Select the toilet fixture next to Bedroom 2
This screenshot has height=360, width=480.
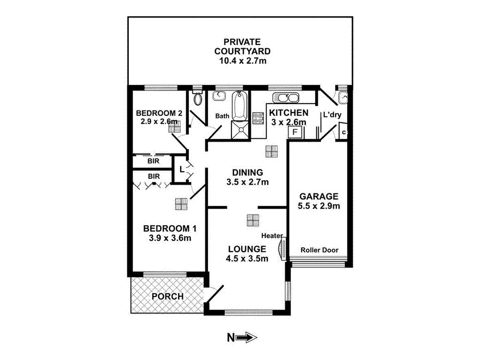[x=197, y=98]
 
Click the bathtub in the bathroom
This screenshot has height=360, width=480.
[x=239, y=106]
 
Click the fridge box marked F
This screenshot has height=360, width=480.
[x=295, y=132]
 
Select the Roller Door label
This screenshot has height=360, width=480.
[x=320, y=250]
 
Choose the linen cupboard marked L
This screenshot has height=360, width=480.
[x=181, y=169]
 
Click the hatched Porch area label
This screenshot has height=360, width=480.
[x=167, y=296]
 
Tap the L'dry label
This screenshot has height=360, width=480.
[x=330, y=114]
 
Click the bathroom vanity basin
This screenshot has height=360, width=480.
[x=219, y=96]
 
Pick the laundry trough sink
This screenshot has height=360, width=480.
[x=343, y=97]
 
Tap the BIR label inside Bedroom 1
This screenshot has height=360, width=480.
[x=154, y=176]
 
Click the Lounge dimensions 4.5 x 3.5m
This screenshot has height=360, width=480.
[x=247, y=258]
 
